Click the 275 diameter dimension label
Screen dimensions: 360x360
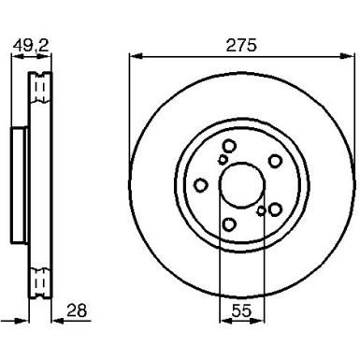pos(241,45)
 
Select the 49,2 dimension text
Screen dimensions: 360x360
pos(31,46)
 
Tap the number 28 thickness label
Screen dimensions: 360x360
pos(77,310)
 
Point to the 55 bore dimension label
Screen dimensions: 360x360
pos(241,310)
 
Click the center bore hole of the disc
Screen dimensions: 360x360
pos(242,184)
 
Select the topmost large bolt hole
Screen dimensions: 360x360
pos(229,146)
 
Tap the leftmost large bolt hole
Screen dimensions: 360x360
pos(200,185)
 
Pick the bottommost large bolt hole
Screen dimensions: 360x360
pos(229,224)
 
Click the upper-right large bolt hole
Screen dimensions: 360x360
pos(275,161)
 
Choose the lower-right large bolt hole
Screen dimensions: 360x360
pos(275,209)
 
